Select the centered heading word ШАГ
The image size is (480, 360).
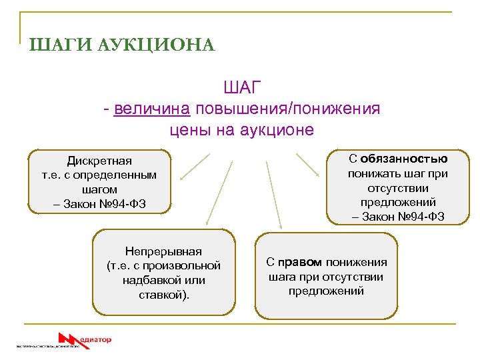pyautogui.click(x=241, y=87)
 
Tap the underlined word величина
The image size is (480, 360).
pyautogui.click(x=153, y=108)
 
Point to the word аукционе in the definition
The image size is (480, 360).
pyautogui.click(x=279, y=129)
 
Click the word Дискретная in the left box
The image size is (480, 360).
pyautogui.click(x=99, y=161)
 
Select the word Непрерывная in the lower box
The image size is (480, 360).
pyautogui.click(x=163, y=251)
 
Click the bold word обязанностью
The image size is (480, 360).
pyautogui.click(x=405, y=159)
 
